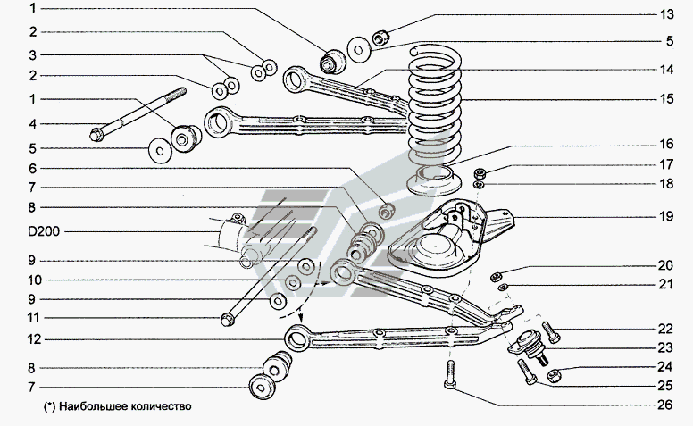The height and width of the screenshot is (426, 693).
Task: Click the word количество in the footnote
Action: coord(159,405)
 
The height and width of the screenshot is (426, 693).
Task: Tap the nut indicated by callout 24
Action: coord(552,377)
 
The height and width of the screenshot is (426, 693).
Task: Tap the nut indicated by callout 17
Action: coord(479,172)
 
